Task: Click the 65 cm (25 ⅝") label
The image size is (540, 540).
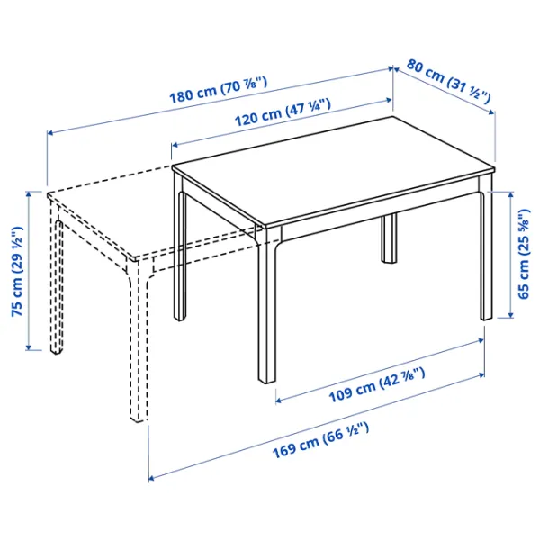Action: [x=525, y=253]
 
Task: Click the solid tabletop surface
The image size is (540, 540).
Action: [x=333, y=171]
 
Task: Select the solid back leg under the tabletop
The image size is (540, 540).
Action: [x=390, y=238]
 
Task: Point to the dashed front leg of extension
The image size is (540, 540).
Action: [x=138, y=342]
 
